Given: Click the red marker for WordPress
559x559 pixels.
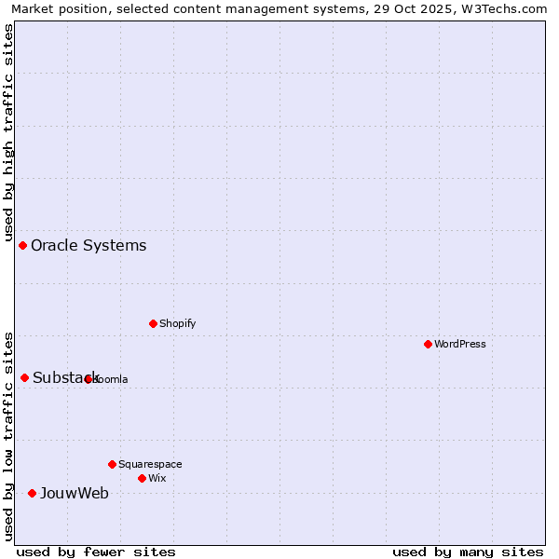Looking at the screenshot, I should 428,344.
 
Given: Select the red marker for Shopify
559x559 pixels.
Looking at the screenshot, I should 154,323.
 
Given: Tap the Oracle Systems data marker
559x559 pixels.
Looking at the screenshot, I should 23,245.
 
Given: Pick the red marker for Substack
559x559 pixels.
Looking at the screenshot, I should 25,377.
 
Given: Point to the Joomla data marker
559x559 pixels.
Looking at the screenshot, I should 89,379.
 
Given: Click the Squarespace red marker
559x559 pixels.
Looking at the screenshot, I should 112,464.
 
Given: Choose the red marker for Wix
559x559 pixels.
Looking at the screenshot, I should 142,478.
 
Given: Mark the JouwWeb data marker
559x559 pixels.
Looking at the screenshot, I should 32,493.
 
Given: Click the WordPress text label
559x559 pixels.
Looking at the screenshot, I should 460,344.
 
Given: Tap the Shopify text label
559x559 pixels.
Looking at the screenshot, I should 177,323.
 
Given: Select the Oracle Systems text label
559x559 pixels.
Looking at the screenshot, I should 89,246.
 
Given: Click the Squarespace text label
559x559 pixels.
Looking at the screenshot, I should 150,464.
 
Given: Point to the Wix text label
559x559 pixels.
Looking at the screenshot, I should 157,478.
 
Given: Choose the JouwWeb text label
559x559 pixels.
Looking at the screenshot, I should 74,494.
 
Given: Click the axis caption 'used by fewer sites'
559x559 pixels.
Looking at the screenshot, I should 96,552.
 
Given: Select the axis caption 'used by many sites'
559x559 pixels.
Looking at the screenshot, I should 468,552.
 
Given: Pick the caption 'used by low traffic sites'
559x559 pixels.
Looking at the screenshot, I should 8,435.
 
